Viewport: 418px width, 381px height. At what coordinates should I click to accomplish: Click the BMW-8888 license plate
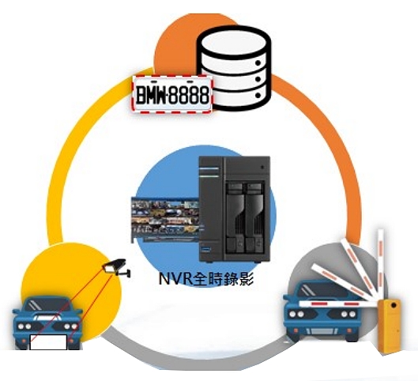point(172,94)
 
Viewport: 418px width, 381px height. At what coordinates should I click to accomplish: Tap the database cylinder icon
point(234,68)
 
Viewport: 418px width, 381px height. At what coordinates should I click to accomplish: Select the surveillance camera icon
point(117,267)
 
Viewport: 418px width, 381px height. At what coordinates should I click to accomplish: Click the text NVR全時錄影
point(205,279)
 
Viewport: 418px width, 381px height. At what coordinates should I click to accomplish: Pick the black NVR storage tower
point(235,209)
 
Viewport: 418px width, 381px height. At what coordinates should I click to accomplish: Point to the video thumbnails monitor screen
point(165,220)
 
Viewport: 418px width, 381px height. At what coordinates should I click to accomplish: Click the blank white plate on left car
point(48,342)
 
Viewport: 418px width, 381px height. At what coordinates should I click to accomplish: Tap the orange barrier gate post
point(390,327)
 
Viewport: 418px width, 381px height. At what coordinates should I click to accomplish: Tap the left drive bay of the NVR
point(235,217)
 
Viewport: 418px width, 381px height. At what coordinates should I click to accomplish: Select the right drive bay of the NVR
point(254,217)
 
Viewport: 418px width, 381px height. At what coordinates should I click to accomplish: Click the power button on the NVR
point(262,167)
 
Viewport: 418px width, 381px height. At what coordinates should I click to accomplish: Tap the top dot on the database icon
point(258,63)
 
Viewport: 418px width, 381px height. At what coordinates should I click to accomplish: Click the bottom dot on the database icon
point(258,95)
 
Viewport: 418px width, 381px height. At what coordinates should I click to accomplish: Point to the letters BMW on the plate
point(151,95)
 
